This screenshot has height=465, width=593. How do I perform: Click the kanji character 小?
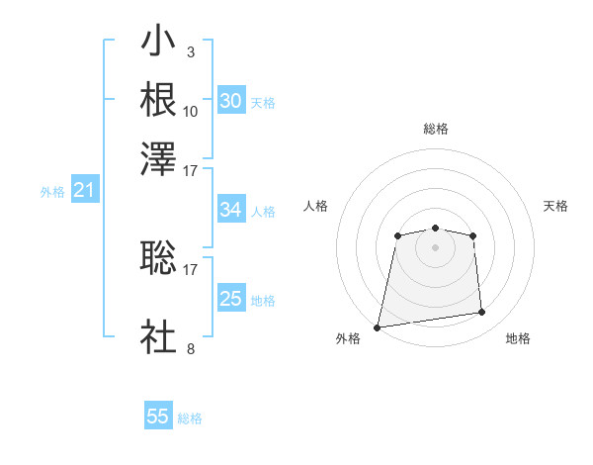pyautogui.click(x=158, y=44)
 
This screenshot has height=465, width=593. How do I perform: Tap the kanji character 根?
pyautogui.click(x=158, y=100)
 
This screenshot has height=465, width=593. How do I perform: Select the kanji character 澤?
pyautogui.click(x=158, y=157)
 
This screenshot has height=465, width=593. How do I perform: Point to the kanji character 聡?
pyautogui.click(x=158, y=260)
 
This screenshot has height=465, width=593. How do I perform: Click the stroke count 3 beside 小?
pyautogui.click(x=190, y=51)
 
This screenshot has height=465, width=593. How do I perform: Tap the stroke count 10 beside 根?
pyautogui.click(x=191, y=110)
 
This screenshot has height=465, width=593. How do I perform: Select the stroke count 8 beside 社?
pyautogui.click(x=190, y=347)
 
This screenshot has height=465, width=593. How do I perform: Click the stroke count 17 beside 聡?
pyautogui.click(x=191, y=268)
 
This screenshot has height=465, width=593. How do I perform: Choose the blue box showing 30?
pyautogui.click(x=230, y=101)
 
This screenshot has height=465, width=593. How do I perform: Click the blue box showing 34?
pyautogui.click(x=230, y=210)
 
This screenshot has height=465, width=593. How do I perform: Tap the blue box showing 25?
pyautogui.click(x=230, y=299)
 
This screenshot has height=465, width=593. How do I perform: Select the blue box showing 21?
pyautogui.click(x=84, y=190)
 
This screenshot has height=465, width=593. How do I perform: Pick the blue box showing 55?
pyautogui.click(x=158, y=417)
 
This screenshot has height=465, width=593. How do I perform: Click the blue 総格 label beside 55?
pyautogui.click(x=190, y=418)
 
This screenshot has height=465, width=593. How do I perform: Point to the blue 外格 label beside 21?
pyautogui.click(x=52, y=192)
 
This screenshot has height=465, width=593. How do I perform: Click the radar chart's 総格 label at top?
pyautogui.click(x=435, y=129)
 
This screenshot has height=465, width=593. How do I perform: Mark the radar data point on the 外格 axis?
pyautogui.click(x=378, y=327)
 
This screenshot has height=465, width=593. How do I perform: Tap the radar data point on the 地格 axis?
pyautogui.click(x=481, y=313)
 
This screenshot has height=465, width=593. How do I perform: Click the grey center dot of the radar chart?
pyautogui.click(x=435, y=246)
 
